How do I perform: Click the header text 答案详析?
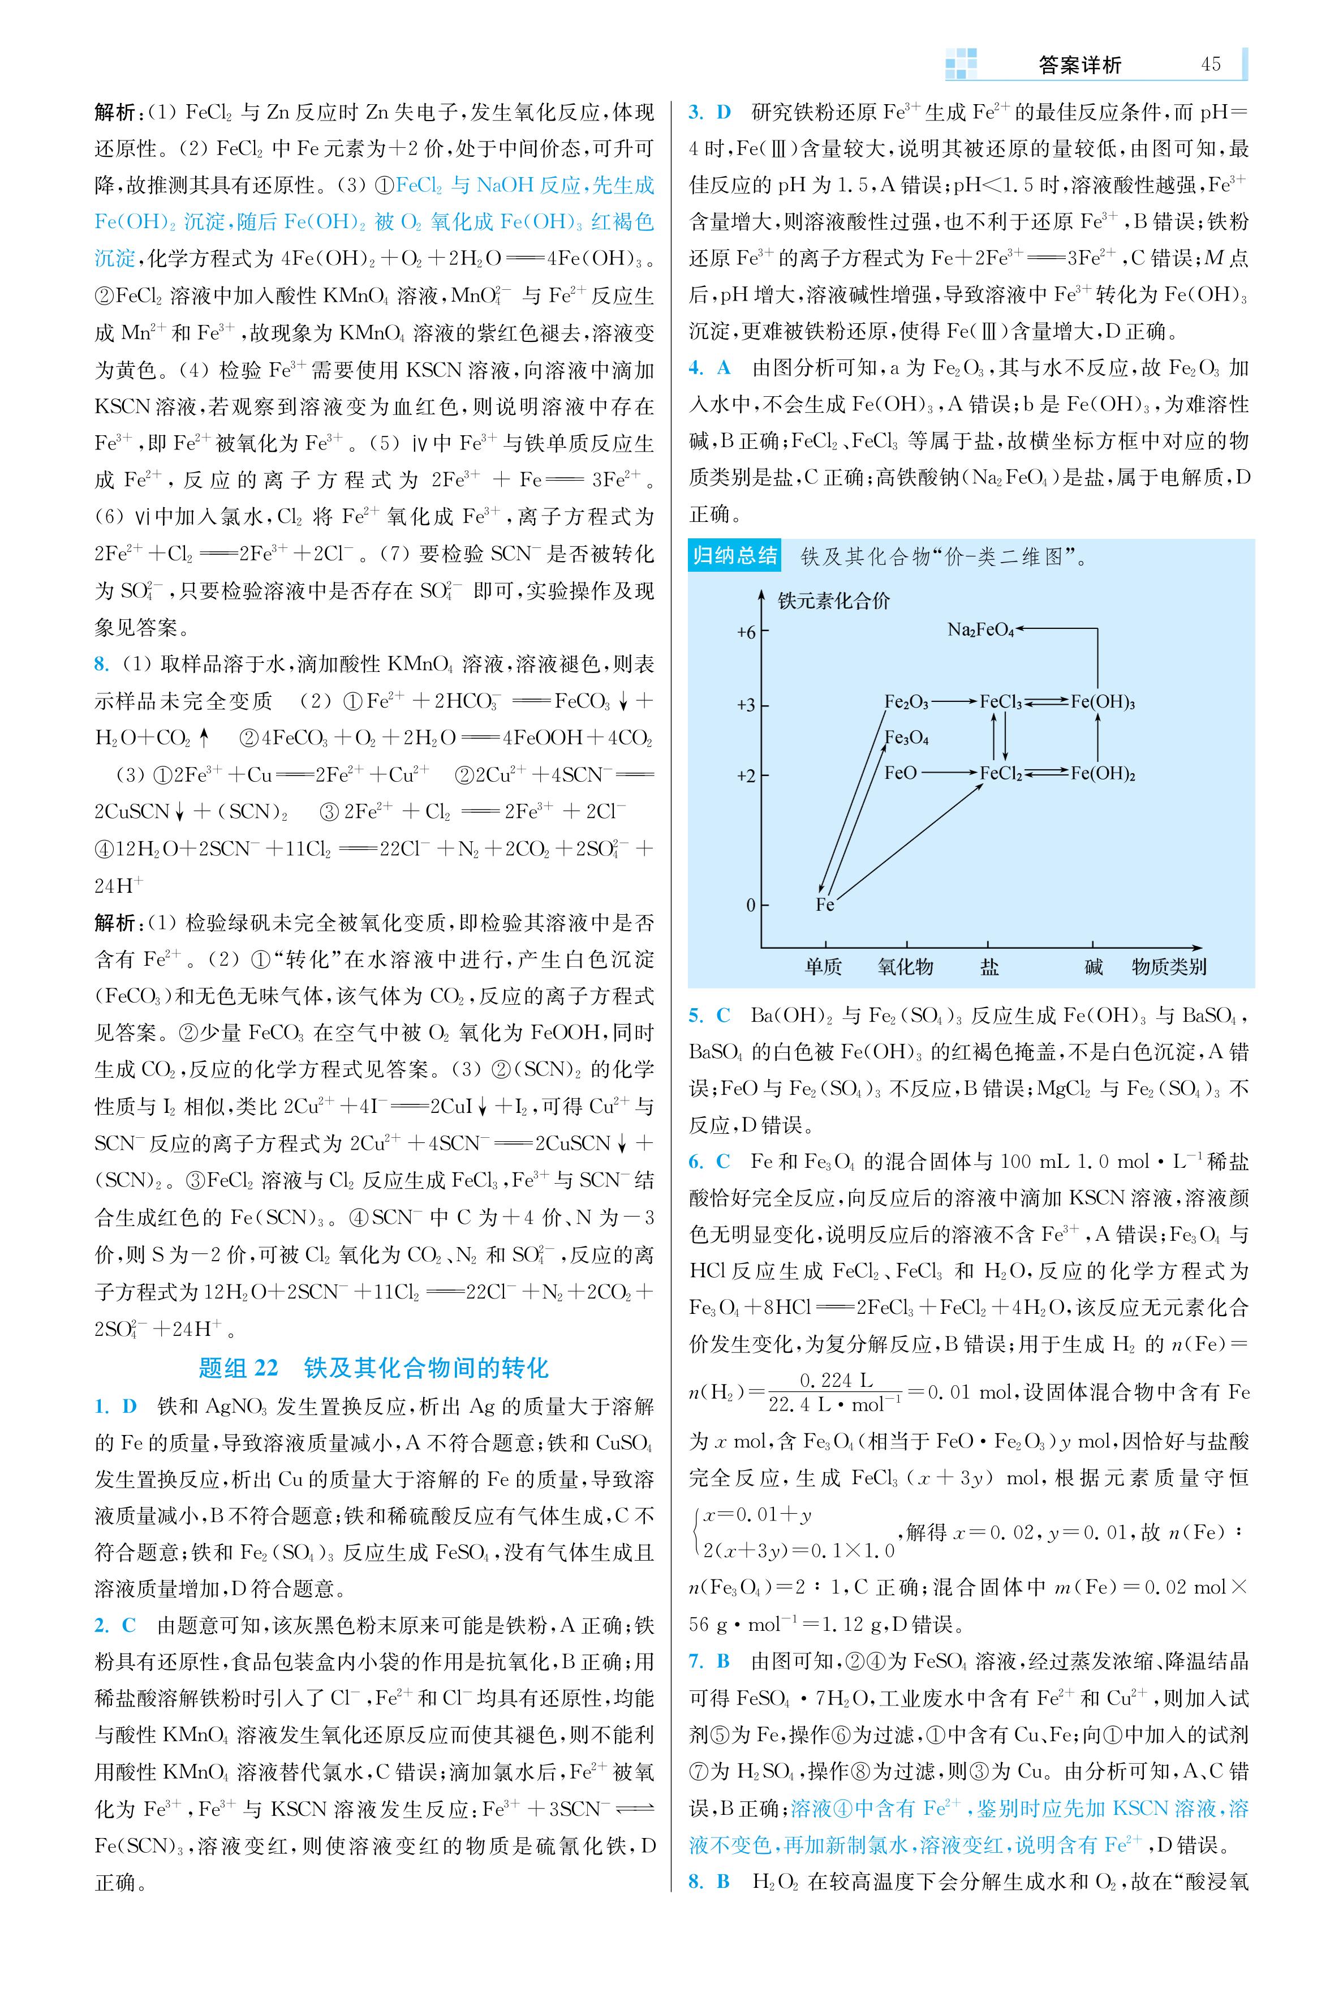pos(1079,65)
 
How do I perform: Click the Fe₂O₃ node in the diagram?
pos(906,702)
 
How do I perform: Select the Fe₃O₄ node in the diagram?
pos(906,738)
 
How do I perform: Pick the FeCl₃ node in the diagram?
pos(1000,702)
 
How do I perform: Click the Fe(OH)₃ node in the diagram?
pos(1103,702)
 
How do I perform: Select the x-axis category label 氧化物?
pos(905,967)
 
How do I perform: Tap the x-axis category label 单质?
pos(823,967)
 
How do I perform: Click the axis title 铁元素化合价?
pos(833,601)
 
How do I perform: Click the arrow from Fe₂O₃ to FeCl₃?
pos(953,702)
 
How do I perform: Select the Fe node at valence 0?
pos(825,905)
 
